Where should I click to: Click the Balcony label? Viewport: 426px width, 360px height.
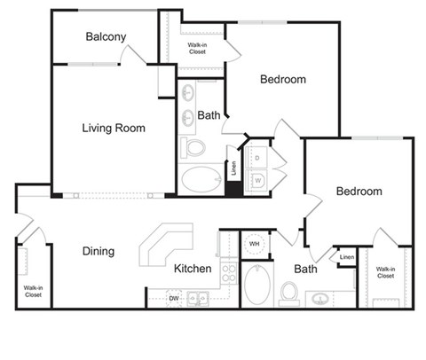click(x=106, y=36)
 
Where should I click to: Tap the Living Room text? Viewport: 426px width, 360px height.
click(x=114, y=128)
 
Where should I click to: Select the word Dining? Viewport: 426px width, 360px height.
click(x=98, y=251)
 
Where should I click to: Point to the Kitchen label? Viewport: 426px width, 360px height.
click(x=193, y=269)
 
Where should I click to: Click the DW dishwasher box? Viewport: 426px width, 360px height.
click(x=174, y=299)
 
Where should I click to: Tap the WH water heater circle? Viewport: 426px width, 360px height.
click(x=254, y=244)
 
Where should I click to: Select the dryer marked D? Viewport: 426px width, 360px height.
click(x=256, y=158)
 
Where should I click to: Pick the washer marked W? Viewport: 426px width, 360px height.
click(x=257, y=181)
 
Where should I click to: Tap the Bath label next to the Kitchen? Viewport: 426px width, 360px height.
click(x=305, y=269)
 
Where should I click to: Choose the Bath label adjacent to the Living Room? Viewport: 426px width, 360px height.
click(x=209, y=115)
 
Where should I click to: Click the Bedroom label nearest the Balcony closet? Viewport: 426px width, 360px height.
click(x=282, y=79)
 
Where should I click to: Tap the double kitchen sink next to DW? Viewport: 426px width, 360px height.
click(x=198, y=299)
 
